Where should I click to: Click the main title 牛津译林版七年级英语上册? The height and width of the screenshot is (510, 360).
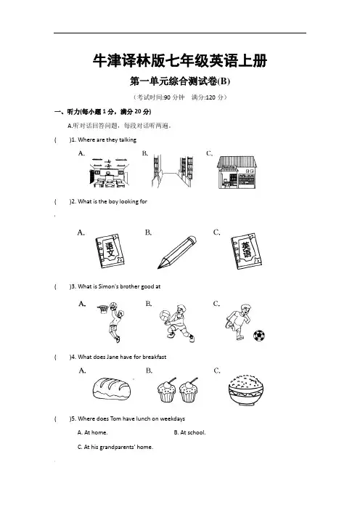180,61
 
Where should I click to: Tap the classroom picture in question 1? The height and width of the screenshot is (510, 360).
108,172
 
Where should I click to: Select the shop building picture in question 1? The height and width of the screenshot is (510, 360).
237,172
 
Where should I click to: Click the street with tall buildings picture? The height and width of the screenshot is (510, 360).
173,171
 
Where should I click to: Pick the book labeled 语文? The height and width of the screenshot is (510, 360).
110,251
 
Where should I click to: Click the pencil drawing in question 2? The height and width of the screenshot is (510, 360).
177,252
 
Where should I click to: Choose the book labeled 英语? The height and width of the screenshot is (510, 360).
246,251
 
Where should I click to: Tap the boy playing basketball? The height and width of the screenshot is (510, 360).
112,323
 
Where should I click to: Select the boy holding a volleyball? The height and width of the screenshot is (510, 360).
177,323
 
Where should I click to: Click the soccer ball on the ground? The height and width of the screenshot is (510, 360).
259,336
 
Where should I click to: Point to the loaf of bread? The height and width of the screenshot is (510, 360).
112,389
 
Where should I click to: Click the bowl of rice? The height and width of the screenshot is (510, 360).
246,390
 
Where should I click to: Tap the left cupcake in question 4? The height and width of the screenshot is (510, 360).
167,391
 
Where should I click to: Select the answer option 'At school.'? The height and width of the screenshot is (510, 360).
189,432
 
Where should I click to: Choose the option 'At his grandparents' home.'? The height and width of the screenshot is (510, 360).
115,447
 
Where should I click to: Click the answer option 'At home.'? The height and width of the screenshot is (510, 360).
93,432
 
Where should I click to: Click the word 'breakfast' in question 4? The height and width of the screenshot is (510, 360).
155,357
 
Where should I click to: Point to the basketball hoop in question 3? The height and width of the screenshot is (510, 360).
103,309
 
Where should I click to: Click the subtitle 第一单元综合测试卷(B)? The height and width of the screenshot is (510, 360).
180,81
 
